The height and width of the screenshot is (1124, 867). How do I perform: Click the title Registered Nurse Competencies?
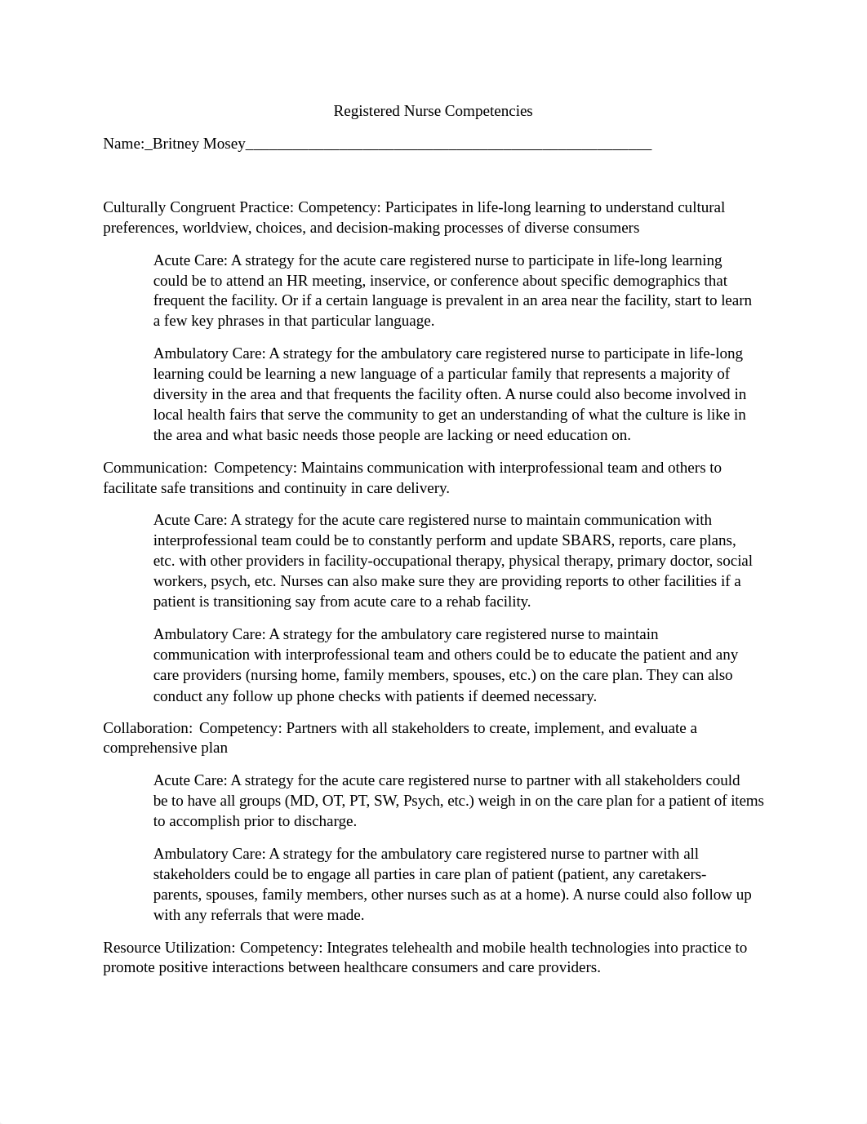click(433, 111)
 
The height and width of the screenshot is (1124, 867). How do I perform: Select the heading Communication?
click(155, 468)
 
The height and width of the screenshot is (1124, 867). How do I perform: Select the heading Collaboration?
click(148, 728)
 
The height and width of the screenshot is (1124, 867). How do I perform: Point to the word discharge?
click(325, 821)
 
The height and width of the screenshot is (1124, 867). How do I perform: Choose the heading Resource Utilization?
click(169, 948)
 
